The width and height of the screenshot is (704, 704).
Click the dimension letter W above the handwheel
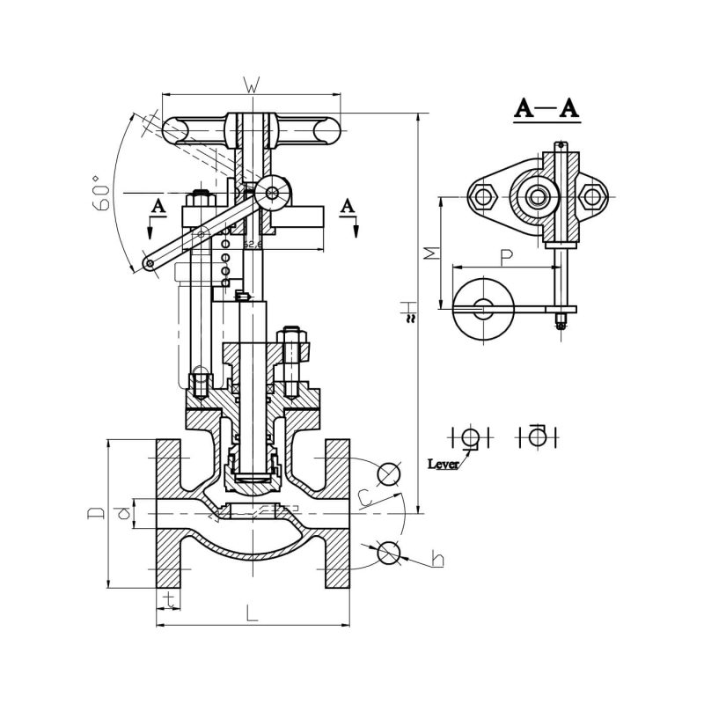[251, 86]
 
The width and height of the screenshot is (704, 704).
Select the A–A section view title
[546, 109]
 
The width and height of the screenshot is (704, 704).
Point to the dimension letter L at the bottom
[252, 614]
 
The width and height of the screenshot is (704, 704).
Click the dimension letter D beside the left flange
[98, 511]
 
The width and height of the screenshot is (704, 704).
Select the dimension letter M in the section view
[429, 253]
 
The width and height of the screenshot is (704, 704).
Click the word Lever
[443, 463]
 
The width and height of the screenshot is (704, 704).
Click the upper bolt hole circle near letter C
[387, 473]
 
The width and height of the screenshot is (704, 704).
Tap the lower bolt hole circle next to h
[387, 552]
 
